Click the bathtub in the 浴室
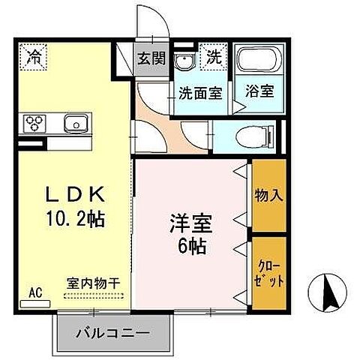point(256,64)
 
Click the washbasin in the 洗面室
point(184,62)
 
